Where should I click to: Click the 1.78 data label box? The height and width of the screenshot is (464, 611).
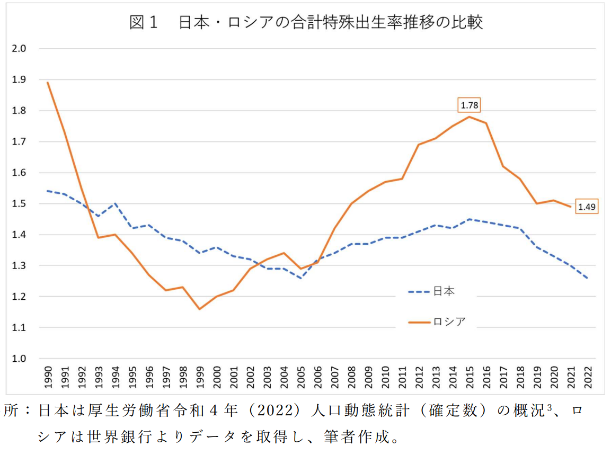pos(469,105)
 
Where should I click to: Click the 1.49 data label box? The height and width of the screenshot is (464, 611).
pos(587,207)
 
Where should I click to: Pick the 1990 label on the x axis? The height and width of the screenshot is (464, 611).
pos(48,377)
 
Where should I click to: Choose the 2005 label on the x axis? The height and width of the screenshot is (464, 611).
pos(300,377)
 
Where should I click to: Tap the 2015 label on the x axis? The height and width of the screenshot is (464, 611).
pos(469,377)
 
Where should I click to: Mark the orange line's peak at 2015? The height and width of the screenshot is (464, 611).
pos(469,117)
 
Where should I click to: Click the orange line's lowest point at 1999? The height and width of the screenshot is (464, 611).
pos(199,309)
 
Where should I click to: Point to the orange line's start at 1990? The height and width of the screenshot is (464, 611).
pos(48,83)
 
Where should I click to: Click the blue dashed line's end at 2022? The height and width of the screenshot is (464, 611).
pos(587,278)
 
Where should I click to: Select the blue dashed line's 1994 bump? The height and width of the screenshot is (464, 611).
pos(115,204)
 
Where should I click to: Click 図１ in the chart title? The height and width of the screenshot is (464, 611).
pos(144,23)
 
